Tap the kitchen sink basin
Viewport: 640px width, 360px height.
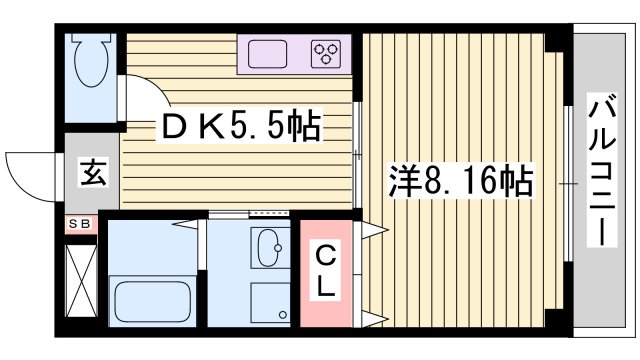pos(268,54)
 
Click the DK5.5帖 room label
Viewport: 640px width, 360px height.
pos(243,126)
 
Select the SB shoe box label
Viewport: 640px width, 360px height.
pos(79,225)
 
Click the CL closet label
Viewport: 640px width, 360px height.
pos(326,271)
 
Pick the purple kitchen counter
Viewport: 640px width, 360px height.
pos(296,54)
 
